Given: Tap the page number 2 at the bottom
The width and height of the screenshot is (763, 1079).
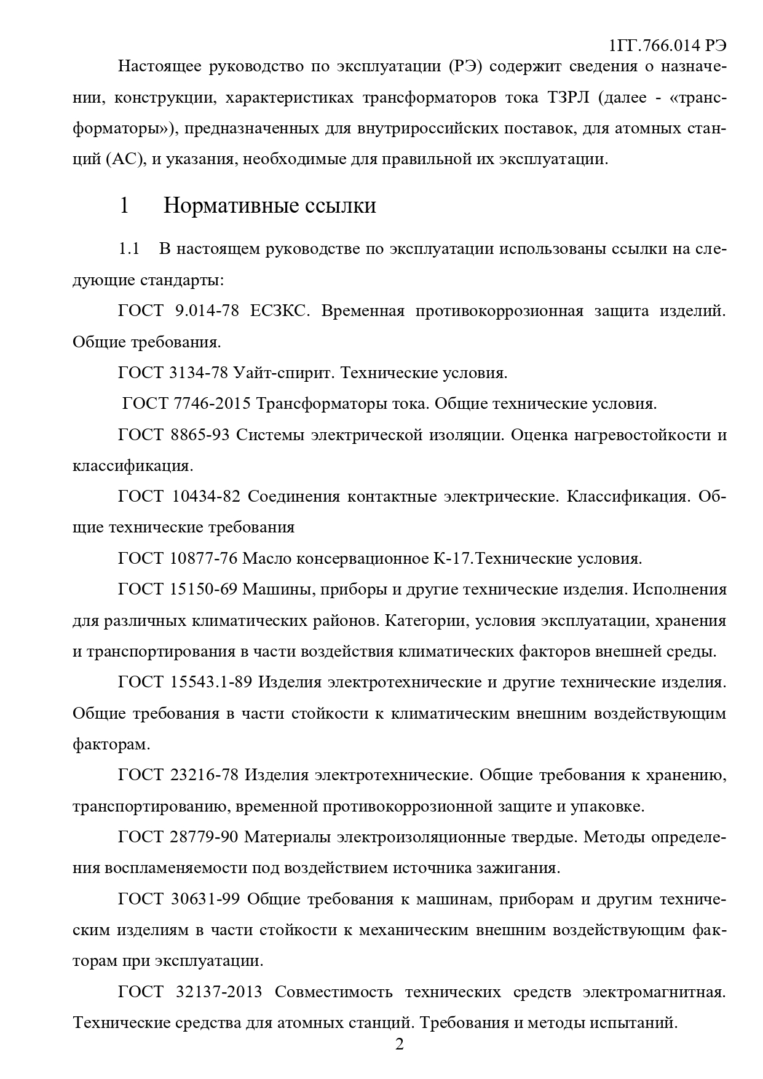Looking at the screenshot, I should pos(399,1045).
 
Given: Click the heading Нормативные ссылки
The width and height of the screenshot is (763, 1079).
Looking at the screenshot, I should pos(269,205).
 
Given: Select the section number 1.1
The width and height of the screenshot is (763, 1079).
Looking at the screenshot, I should pos(129,249).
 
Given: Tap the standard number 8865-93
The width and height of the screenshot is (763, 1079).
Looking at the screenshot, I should pos(199,435).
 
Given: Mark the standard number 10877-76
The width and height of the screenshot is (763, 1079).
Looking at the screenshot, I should pos(203,559).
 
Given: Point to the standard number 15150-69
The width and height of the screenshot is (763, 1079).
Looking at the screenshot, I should pos(203,590).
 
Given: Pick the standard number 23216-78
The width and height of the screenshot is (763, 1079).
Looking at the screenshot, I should pos(204,775).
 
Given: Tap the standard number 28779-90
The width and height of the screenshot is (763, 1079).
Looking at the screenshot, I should pos(204,837).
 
